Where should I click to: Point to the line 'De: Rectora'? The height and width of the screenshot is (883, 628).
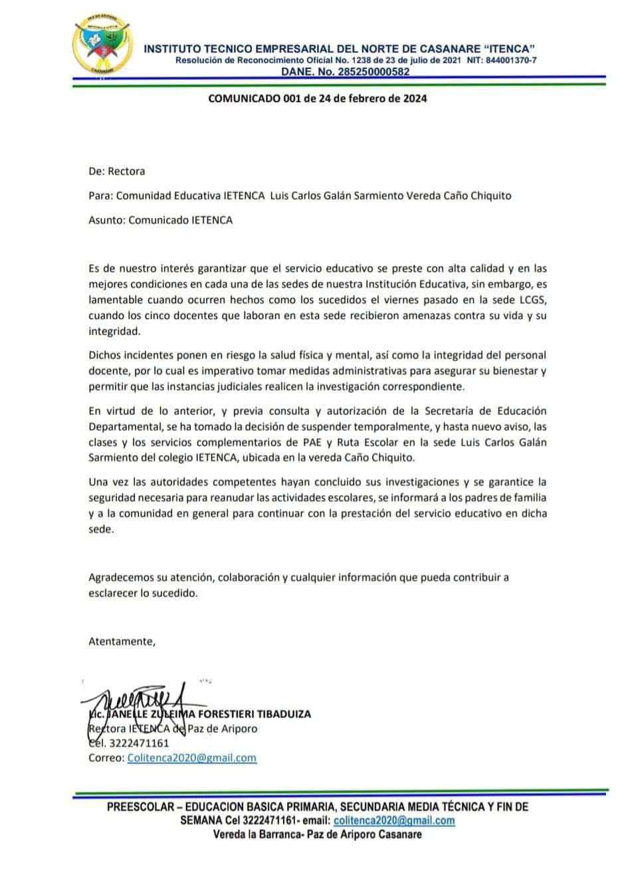click(x=116, y=171)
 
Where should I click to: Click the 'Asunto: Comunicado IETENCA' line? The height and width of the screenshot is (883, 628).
click(x=160, y=219)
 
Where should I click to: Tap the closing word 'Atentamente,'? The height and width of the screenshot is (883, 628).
click(x=122, y=642)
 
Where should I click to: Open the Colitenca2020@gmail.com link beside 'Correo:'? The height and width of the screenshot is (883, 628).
click(x=191, y=757)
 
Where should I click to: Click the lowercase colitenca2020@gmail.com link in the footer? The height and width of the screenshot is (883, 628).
click(x=394, y=820)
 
